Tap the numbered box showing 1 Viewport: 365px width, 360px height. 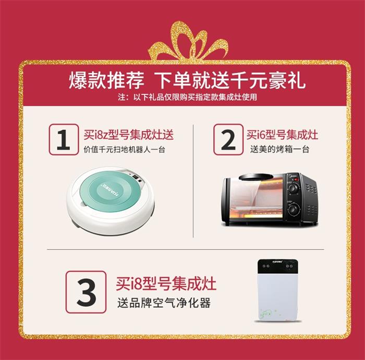click(x=64, y=139)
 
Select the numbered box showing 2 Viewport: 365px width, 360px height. click(x=228, y=139)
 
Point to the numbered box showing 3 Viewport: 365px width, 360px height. click(x=86, y=292)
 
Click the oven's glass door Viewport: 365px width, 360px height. click(x=256, y=200)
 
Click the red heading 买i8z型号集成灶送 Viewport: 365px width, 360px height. click(x=129, y=135)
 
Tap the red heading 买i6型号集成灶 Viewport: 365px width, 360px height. click(x=282, y=135)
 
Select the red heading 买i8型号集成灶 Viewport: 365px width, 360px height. click(x=166, y=283)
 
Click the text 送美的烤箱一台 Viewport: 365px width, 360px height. click(x=279, y=149)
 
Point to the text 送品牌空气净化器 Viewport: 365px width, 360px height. click(x=164, y=303)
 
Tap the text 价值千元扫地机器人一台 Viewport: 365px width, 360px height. click(x=124, y=149)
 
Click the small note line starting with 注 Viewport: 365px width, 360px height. click(x=187, y=97)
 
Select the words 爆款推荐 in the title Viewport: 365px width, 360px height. click(x=106, y=81)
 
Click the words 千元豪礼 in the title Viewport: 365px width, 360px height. click(x=267, y=81)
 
